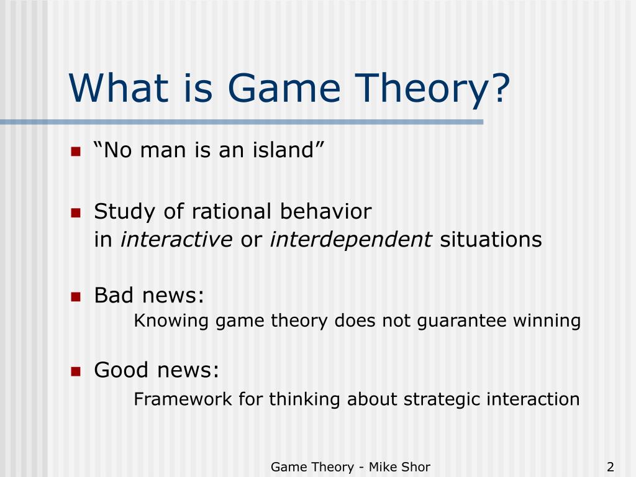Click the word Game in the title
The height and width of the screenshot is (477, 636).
284,88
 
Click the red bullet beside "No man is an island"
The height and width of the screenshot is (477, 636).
76,152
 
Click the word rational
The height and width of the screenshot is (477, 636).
231,211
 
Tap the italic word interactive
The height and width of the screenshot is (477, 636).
176,239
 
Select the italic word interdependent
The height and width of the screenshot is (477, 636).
351,239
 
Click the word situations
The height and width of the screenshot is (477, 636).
491,239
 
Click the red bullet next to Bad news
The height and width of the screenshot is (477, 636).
76,297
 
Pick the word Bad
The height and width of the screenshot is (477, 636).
114,295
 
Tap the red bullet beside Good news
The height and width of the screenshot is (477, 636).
76,371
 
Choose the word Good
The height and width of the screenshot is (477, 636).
121,370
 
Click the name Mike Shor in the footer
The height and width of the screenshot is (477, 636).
399,467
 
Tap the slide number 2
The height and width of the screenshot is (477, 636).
611,467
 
